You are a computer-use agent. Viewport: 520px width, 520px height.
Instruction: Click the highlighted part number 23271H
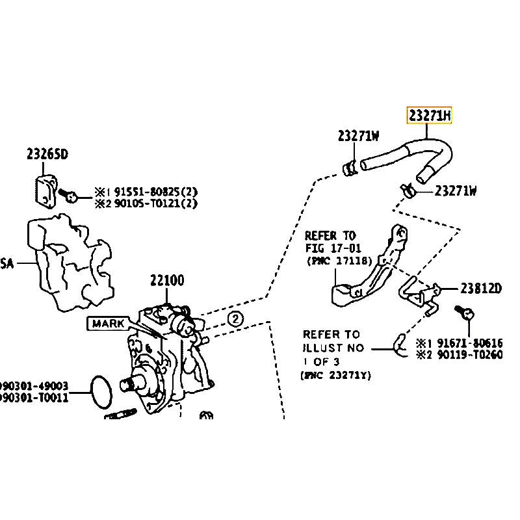coord(429,116)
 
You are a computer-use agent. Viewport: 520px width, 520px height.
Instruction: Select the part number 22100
coord(167,281)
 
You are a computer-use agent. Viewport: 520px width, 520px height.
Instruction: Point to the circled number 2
coord(235,318)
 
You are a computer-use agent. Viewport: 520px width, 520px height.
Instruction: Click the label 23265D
coord(47,154)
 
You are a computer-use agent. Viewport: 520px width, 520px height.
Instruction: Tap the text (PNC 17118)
coord(338,261)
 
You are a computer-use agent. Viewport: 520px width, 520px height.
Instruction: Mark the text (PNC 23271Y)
coord(335,375)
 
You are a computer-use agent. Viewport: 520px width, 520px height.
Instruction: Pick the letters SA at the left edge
coord(6,263)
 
